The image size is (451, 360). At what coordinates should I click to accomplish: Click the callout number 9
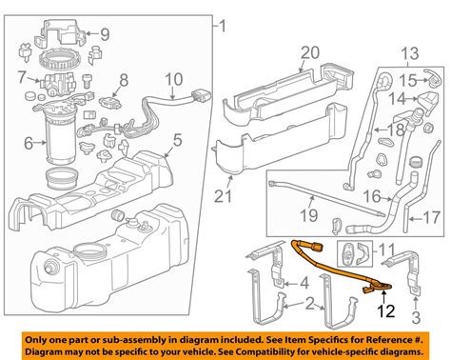coord(105,34)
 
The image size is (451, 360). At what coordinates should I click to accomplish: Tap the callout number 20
coord(310,52)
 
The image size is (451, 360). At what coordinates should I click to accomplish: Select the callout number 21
coord(224,196)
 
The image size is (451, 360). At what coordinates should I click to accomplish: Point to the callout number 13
coord(410,53)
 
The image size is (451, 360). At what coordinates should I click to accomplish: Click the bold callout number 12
coord(386,310)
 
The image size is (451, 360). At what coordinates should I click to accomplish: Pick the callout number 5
coord(177,140)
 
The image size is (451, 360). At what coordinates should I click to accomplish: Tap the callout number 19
coord(309,216)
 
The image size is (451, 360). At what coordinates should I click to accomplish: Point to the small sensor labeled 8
coord(109,102)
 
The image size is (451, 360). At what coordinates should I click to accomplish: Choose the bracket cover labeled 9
coord(60,31)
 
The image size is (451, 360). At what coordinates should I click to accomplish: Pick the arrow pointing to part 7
coord(33,79)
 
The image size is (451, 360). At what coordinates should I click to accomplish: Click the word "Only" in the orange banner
coord(37,340)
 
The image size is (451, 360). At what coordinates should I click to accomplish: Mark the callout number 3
coord(416,317)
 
